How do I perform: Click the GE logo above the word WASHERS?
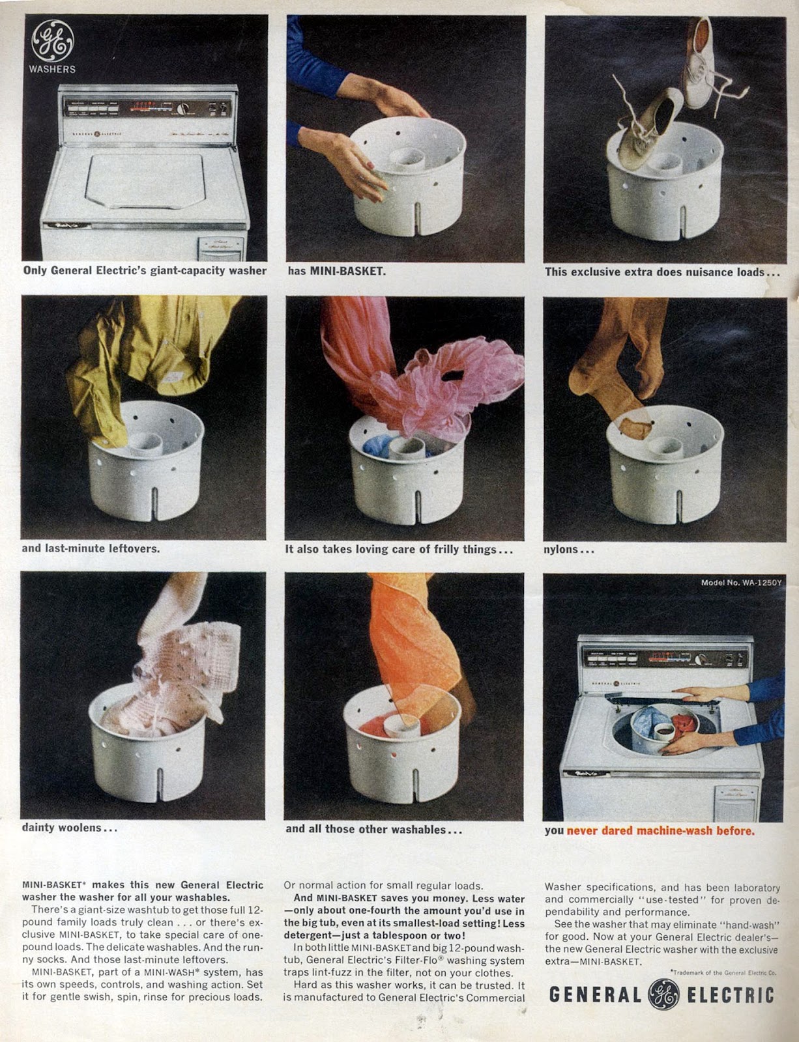pos(53,41)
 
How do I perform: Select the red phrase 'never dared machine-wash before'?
pos(661,830)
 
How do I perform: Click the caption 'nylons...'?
pos(569,550)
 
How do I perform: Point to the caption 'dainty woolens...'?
pos(70,828)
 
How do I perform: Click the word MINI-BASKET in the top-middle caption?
pos(347,271)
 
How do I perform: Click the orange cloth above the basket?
pos(413,643)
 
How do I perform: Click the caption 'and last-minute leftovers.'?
pos(91,548)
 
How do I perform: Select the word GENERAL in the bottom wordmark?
pos(595,995)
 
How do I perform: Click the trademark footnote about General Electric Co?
pos(723,972)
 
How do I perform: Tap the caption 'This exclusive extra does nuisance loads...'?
pos(662,272)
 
